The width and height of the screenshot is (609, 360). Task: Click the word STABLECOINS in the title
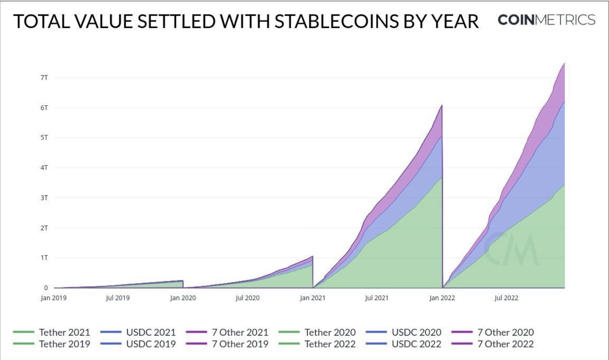[336, 22]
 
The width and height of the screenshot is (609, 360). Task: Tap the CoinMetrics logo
[546, 20]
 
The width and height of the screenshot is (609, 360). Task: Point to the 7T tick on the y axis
[44, 78]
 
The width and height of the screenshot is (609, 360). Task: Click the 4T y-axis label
[44, 168]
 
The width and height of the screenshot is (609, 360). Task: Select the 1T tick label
[44, 258]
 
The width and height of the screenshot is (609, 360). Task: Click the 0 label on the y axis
[46, 288]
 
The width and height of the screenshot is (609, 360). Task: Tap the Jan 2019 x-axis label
[54, 298]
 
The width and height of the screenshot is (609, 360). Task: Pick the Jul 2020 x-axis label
[247, 298]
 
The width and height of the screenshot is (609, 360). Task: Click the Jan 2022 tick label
[442, 298]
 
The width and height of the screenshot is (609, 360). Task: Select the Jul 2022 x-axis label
[506, 298]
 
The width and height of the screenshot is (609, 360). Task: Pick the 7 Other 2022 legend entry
[505, 344]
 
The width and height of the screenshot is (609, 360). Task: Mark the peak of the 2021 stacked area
[442, 106]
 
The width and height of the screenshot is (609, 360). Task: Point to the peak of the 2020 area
[312, 256]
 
